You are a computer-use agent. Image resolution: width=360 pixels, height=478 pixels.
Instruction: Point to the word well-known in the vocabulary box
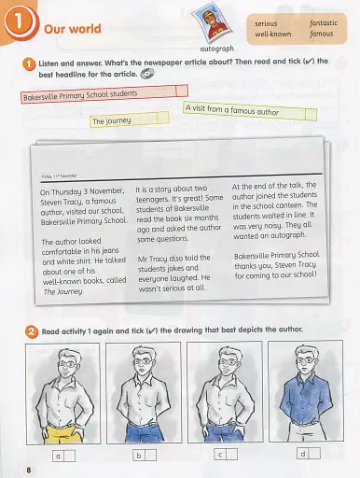click(x=274, y=33)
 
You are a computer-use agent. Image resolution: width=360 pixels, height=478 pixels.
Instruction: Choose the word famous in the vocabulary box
click(x=322, y=33)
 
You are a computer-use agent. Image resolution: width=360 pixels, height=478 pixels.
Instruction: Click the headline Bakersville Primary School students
click(x=78, y=94)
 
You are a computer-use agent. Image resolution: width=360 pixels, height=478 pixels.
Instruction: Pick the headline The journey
click(x=110, y=120)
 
